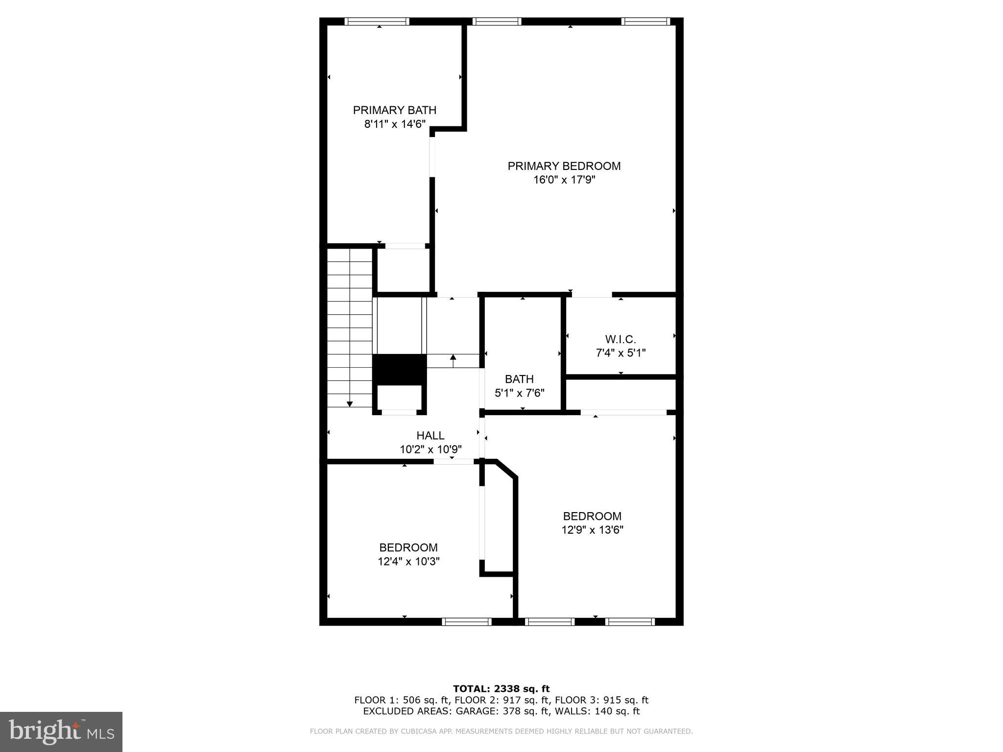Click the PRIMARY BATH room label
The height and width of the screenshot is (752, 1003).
[394, 110]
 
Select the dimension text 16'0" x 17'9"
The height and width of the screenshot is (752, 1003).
[564, 180]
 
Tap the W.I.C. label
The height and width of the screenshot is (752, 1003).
[621, 339]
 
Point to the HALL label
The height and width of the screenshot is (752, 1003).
[430, 435]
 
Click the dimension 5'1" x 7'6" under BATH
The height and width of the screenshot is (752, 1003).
[519, 393]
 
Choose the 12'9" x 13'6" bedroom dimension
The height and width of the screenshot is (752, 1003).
[592, 530]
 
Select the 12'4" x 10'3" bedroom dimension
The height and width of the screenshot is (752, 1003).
[408, 561]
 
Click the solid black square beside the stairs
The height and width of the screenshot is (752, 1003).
[400, 370]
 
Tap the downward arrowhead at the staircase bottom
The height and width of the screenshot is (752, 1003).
[350, 404]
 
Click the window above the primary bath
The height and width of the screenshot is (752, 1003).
[377, 21]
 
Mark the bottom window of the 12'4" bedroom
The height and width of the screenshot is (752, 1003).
[466, 622]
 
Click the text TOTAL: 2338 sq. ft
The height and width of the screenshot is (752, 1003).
[501, 689]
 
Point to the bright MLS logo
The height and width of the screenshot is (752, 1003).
[61, 731]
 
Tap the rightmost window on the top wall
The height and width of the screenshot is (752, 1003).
[645, 21]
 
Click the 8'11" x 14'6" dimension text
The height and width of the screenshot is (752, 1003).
[394, 124]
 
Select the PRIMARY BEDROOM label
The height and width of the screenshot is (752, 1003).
[564, 166]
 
